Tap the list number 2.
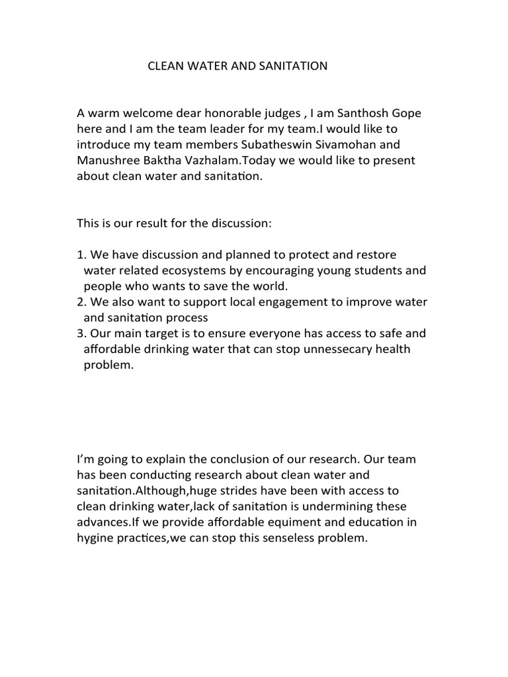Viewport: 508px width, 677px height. [x=81, y=302]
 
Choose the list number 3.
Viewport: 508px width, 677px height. [x=81, y=334]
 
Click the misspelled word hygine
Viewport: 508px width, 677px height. [x=97, y=538]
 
